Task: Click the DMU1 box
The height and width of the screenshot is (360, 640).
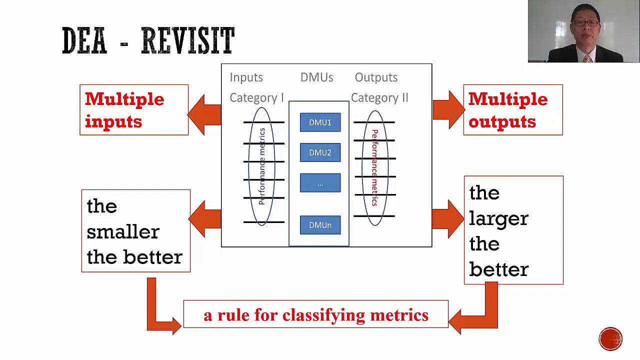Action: [320, 122]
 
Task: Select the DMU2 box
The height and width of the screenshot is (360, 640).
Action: [320, 152]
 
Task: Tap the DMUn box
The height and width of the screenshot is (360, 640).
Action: [320, 225]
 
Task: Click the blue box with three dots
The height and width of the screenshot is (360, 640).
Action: [320, 183]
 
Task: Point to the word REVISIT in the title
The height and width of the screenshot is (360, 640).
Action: [188, 40]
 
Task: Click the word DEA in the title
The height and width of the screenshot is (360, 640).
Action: [84, 40]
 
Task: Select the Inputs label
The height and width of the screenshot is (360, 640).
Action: [246, 77]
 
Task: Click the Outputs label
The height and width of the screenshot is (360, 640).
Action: [376, 77]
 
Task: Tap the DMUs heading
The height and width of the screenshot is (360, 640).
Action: [316, 77]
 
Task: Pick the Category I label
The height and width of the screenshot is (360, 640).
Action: [256, 98]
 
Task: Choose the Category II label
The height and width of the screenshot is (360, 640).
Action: [379, 98]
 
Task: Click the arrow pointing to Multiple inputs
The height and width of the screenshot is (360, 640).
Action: [204, 115]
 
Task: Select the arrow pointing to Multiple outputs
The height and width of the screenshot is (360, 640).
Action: [449, 110]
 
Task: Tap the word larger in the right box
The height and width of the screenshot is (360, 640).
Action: [498, 219]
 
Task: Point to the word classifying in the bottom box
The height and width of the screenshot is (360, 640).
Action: [324, 315]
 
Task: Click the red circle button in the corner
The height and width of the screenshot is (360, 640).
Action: [610, 339]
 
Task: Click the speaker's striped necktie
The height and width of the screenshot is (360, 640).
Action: [587, 58]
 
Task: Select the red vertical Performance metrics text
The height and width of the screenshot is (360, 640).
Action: [374, 168]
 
